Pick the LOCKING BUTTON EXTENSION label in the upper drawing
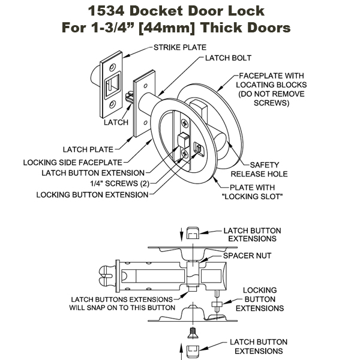click(92, 194)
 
